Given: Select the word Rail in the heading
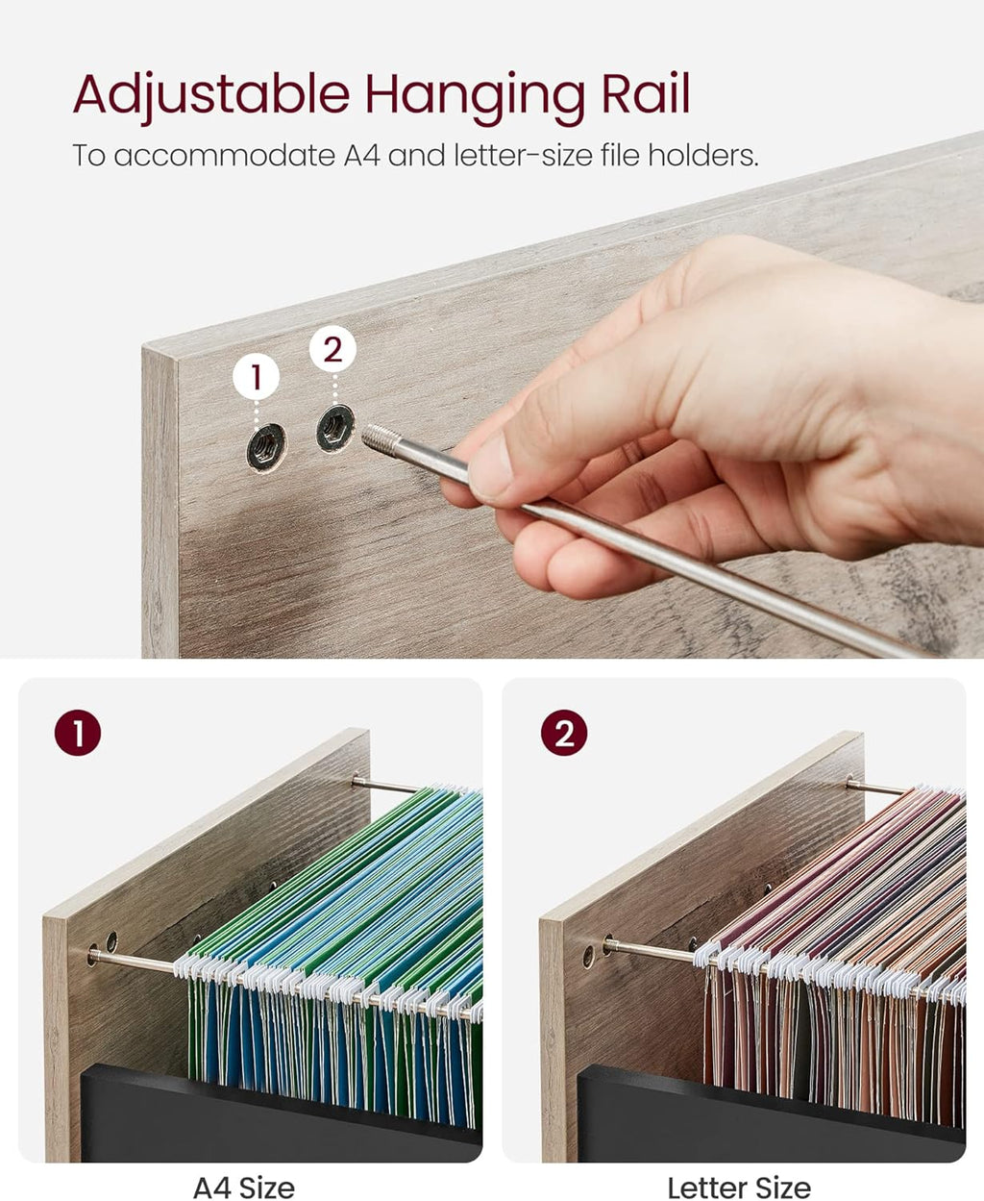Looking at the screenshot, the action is tap(646, 92).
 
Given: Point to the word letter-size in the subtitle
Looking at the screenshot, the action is tap(523, 155).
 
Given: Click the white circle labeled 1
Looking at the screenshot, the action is tap(257, 377).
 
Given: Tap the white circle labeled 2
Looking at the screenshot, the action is tap(332, 349).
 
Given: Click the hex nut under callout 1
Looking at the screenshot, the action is tap(266, 447).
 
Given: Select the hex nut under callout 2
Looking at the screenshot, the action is tap(335, 428).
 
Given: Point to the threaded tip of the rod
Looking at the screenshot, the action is tap(378, 437).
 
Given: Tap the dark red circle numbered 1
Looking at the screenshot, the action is tap(78, 733).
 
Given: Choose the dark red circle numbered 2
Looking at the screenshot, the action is tap(564, 733).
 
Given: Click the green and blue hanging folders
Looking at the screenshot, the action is tap(335, 957).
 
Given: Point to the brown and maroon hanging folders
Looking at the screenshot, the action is tap(831, 957).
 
